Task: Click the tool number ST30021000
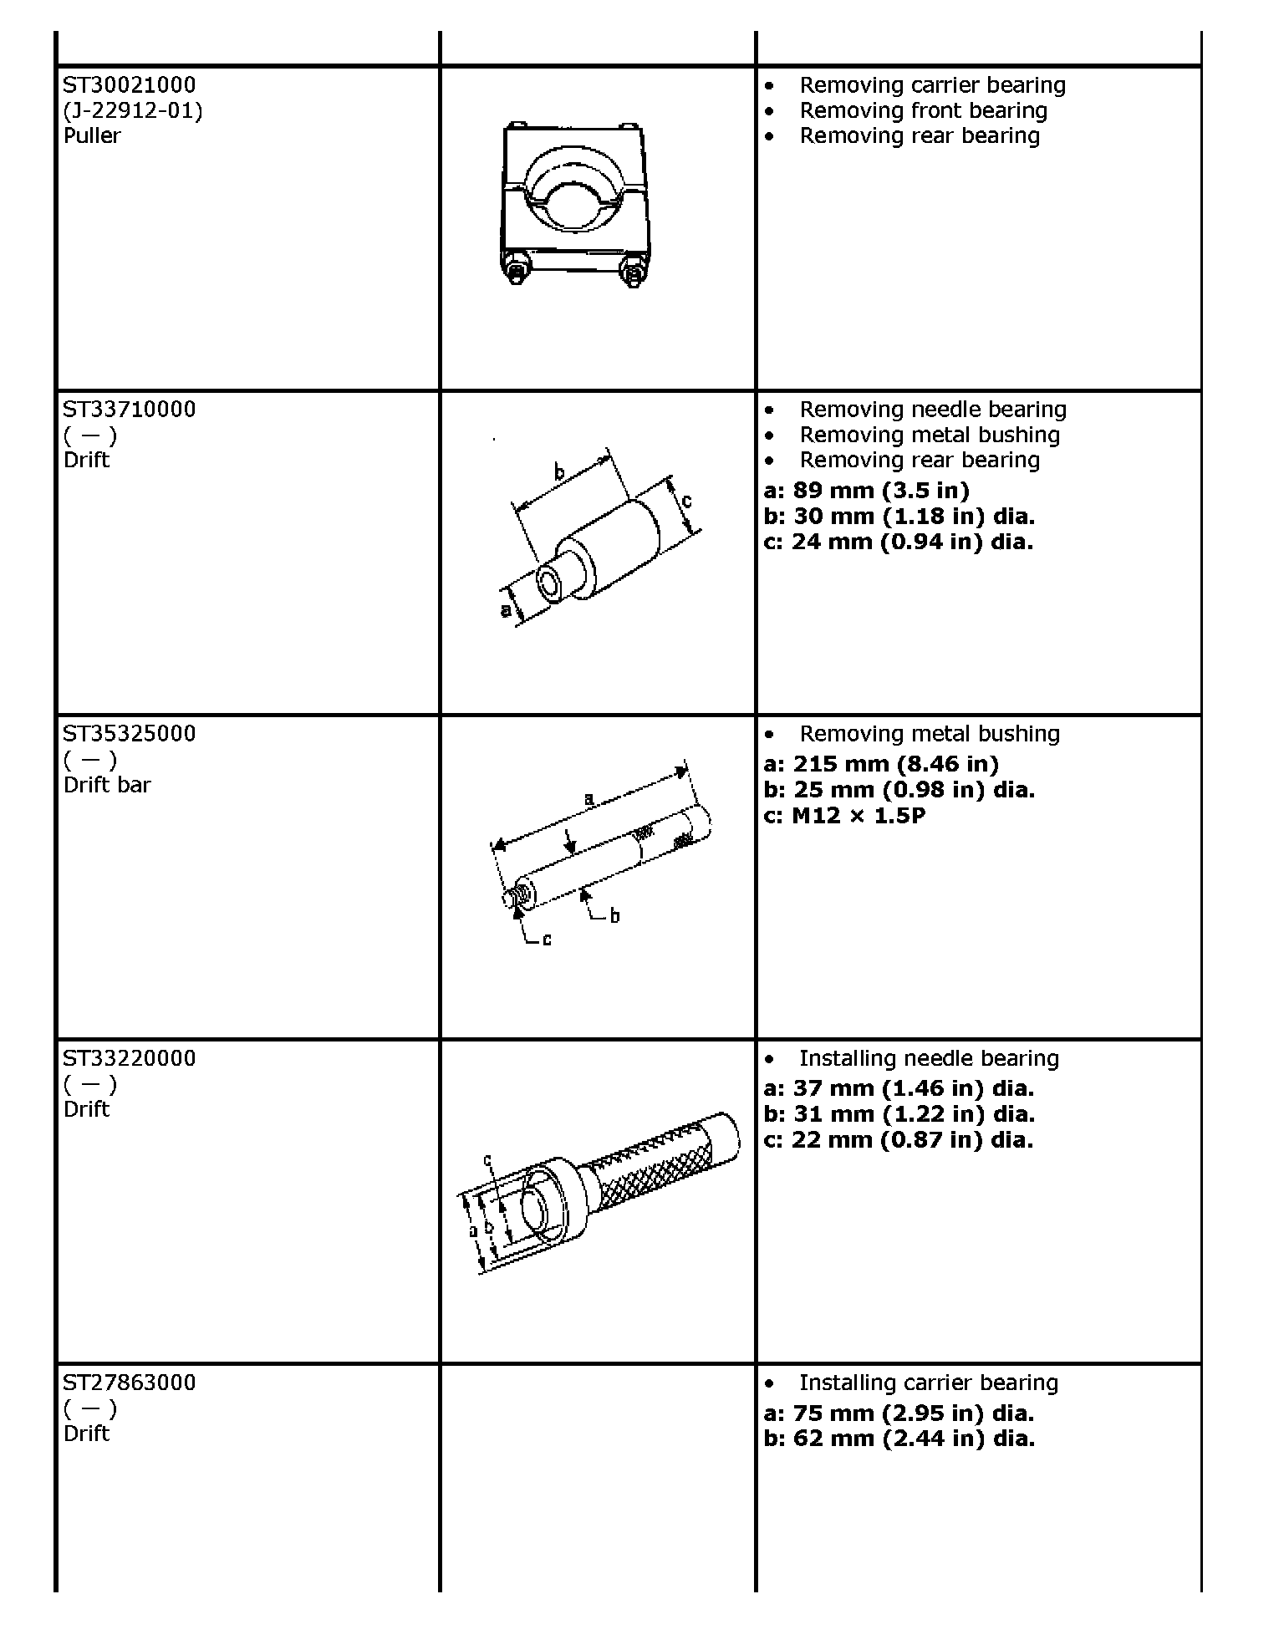pos(130,85)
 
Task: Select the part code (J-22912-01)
pos(133,111)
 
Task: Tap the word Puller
pos(92,135)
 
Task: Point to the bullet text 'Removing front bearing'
pos(923,111)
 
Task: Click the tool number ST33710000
pos(130,410)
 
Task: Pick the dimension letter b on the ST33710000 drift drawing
pos(559,472)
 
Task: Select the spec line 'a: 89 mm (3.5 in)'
pos(867,491)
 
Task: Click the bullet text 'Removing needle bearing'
pos(933,410)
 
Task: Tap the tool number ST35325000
pos(130,734)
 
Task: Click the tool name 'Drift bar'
pos(107,785)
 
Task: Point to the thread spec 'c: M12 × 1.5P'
pos(844,815)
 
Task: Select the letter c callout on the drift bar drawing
pos(547,940)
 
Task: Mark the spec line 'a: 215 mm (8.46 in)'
pos(881,764)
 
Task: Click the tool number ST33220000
pos(130,1058)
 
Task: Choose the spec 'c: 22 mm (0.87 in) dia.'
pos(899,1139)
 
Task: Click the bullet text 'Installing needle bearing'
pos(929,1058)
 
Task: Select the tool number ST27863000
pos(130,1383)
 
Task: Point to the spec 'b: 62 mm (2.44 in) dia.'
pos(899,1439)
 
